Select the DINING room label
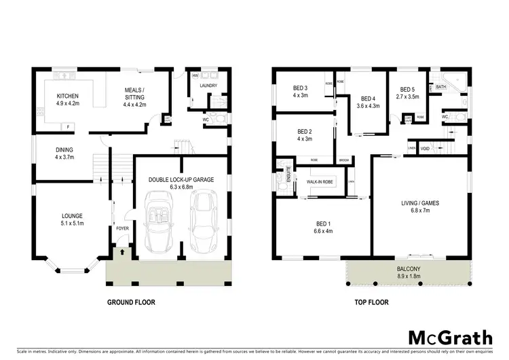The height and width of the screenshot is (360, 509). (64, 150)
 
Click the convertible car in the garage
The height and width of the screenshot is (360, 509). (157, 219)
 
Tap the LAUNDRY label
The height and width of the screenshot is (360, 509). (207, 86)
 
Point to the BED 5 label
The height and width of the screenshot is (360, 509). (407, 89)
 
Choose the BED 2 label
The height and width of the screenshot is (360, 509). (305, 132)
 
